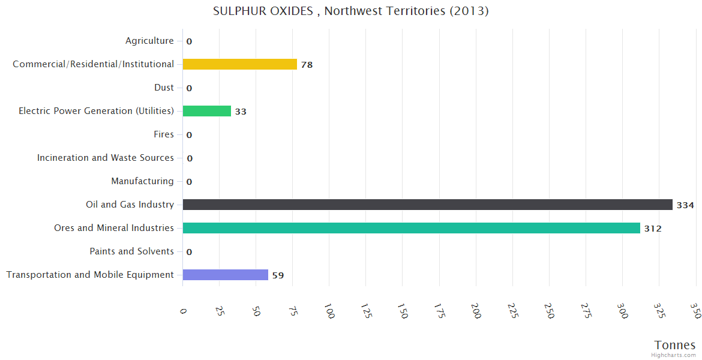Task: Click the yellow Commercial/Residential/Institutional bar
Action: [x=239, y=64]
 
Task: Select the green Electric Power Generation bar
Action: [x=206, y=111]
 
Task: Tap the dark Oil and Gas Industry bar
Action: [x=427, y=205]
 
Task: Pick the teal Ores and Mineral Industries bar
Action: [x=411, y=228]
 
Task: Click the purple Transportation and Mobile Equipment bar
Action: [x=225, y=275]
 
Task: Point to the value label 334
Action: [x=685, y=205]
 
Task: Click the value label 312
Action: [x=653, y=229]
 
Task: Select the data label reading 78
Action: [x=307, y=65]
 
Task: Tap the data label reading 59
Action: [x=278, y=275]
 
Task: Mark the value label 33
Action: [x=241, y=112]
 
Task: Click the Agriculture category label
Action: [x=149, y=41]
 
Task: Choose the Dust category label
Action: [x=164, y=88]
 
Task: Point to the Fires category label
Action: [x=163, y=134]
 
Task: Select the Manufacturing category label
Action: [x=142, y=181]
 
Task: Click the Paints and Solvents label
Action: [x=131, y=251]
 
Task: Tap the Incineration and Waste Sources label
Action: [x=105, y=158]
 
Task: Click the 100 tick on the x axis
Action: [x=329, y=311]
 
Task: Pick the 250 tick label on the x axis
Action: [x=549, y=311]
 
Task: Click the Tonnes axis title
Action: [x=674, y=345]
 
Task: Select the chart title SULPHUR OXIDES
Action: [x=350, y=11]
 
